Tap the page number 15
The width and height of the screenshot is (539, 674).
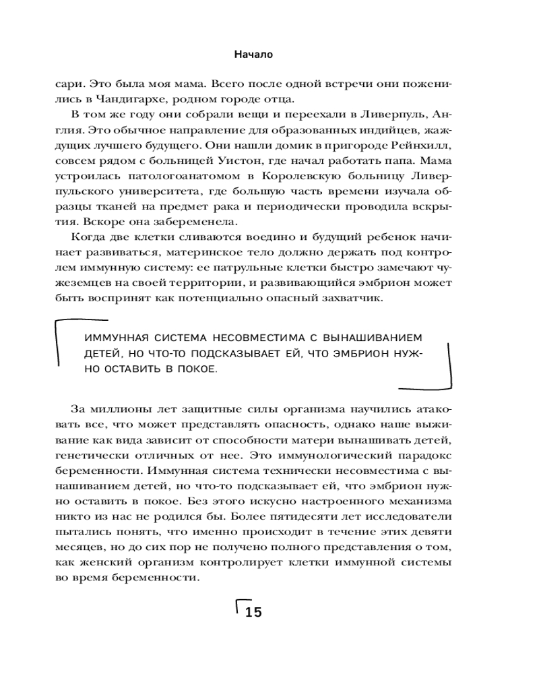coord(253,613)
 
